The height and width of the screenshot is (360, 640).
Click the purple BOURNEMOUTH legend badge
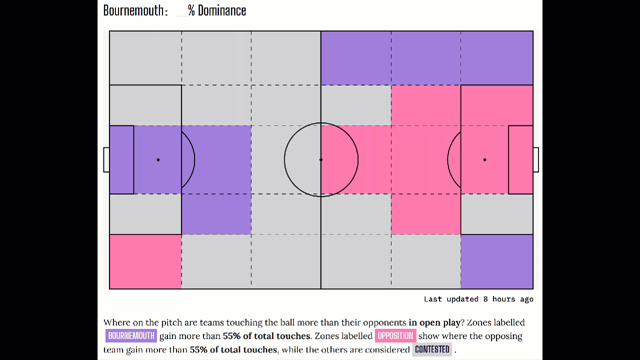pos(131,336)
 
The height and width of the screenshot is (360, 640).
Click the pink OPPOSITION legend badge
pos(395,336)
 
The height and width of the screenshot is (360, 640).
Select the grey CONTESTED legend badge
pos(432,349)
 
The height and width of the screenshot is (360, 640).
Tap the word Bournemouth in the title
pos(133,10)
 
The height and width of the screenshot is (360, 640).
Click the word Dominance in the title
pos(222,10)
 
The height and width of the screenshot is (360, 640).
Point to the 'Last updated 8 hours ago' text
pos(478,299)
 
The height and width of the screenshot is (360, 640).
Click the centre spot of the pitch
pos(321,160)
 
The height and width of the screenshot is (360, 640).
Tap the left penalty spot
pos(158,160)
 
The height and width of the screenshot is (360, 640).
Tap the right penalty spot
pos(484,160)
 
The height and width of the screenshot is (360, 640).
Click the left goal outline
pos(106,160)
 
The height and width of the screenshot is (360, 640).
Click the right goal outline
pos(536,160)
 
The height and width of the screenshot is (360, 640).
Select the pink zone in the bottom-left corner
pos(145,261)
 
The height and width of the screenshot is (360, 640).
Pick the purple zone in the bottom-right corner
pos(496,261)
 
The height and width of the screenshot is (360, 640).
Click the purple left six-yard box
pos(121,160)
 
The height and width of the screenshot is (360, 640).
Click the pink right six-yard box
pos(520,160)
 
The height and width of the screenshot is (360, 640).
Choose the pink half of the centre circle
pos(340,160)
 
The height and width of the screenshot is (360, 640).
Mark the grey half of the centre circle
pos(302,160)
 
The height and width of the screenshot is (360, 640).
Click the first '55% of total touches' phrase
pos(266,336)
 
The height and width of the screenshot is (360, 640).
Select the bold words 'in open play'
pos(434,322)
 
